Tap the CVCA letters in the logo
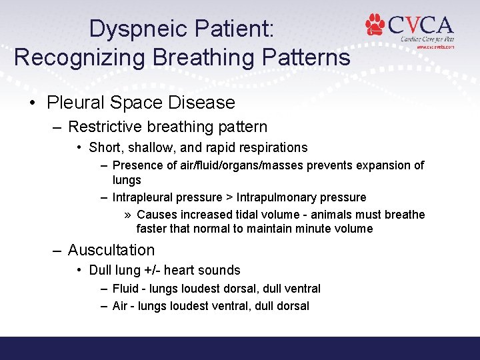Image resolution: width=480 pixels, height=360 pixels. [421, 25]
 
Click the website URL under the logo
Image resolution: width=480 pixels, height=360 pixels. [435, 47]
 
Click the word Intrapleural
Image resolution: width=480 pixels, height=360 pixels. [143, 197]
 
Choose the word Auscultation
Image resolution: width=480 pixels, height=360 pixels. [111, 250]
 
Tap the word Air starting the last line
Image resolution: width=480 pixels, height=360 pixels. [120, 306]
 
